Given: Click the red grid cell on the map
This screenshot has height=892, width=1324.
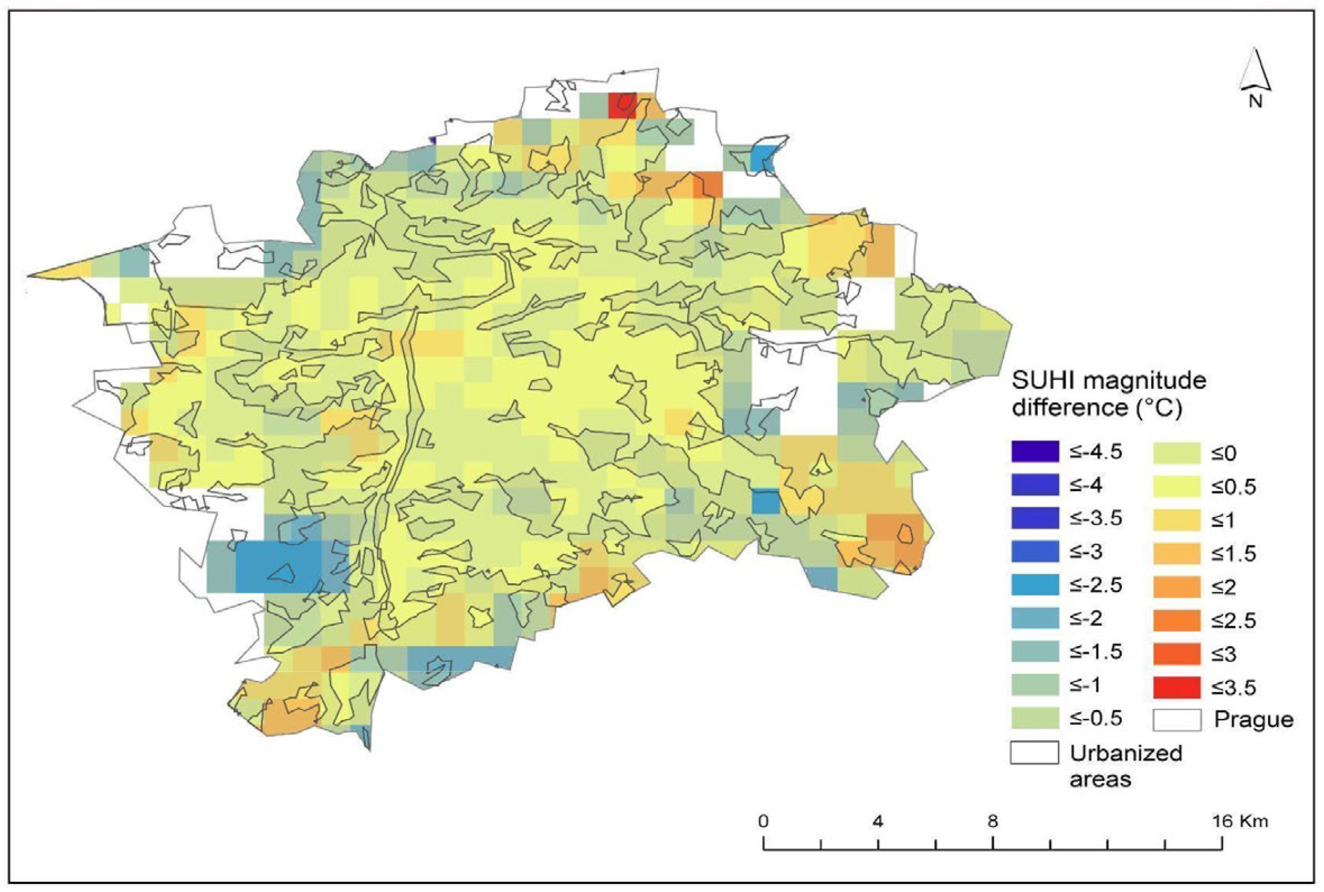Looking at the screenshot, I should click(622, 106).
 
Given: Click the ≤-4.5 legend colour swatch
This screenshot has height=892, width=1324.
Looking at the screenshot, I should click(1035, 451).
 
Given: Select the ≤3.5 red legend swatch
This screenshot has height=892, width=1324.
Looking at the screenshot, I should click(1177, 687).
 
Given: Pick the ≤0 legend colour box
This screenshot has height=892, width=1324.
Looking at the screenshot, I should click(1177, 453).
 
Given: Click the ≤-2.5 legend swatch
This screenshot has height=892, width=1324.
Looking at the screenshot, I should click(1035, 585).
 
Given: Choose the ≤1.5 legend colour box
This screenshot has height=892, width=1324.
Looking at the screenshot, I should click(1177, 553).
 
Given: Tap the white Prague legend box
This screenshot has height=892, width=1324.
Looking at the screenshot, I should click(1177, 720).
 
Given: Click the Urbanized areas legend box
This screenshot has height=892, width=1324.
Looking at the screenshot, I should click(1035, 753).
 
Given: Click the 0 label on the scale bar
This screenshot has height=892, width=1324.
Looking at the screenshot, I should click(763, 821).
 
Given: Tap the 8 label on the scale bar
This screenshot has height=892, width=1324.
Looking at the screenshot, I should click(993, 821).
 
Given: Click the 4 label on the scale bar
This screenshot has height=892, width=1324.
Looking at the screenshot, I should click(878, 821).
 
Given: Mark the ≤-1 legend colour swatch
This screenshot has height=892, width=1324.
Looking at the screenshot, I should click(1035, 685).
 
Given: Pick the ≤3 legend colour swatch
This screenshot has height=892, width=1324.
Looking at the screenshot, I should click(1177, 654).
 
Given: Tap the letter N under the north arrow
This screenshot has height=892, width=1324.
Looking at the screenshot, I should click(1255, 102).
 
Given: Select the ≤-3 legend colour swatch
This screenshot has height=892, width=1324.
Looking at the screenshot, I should click(1035, 551).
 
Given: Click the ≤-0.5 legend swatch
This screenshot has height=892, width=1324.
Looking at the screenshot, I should click(1035, 718).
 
